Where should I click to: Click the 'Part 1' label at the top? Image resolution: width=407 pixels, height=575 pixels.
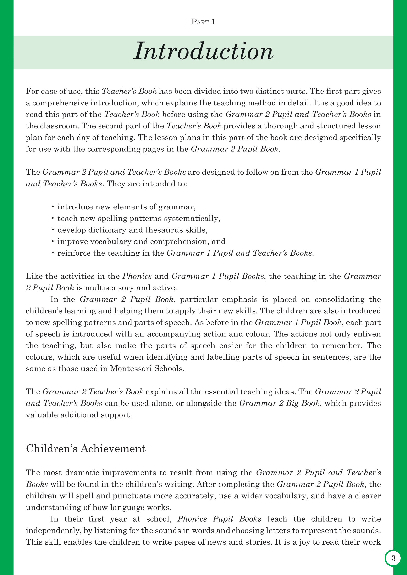(x=203, y=22)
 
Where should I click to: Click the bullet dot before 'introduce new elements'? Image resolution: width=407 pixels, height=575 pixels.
(x=53, y=207)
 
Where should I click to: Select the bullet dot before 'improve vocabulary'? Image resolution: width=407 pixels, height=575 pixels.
(x=53, y=241)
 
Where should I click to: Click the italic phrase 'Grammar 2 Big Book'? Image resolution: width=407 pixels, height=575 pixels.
(x=279, y=403)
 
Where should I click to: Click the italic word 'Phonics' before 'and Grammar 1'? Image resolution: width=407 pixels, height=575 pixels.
(x=137, y=276)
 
